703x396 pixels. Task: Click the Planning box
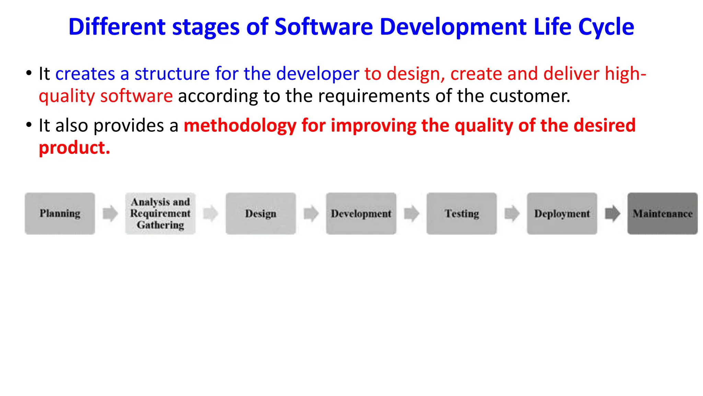60,213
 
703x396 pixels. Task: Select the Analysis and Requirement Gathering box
160,213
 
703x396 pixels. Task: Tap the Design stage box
261,213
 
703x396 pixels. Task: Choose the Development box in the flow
361,213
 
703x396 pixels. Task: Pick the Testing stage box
462,213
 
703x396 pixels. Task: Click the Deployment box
562,213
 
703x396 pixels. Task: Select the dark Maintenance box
662,213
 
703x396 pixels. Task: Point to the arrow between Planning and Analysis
110,213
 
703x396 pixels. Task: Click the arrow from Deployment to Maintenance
612,213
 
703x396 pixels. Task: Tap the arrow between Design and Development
311,213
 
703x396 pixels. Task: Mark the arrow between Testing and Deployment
512,213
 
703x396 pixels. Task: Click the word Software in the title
323,27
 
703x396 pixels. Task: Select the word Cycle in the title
606,27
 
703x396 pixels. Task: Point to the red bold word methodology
240,125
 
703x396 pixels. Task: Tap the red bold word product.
74,148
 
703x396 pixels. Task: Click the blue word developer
318,74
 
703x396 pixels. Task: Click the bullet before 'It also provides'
29,124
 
